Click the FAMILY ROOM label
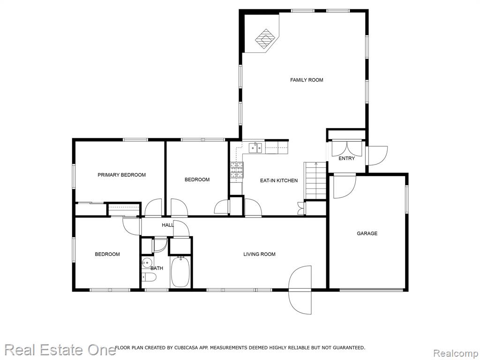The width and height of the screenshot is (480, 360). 307,80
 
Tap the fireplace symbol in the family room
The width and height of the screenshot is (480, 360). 266,39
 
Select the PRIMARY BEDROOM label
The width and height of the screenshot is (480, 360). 121,175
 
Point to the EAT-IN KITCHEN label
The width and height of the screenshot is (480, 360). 278,180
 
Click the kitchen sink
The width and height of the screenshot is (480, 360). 255,148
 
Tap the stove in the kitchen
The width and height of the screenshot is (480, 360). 237,170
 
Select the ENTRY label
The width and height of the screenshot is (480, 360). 346,158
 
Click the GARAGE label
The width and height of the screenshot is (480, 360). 367,233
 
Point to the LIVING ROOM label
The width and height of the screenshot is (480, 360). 259,254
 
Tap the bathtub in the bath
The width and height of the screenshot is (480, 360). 180,272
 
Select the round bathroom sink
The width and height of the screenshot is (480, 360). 147,262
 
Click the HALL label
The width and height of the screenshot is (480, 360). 168,225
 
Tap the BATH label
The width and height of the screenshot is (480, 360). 157,268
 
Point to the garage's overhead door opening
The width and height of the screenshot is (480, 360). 371,289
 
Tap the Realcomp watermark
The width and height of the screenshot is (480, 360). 455,353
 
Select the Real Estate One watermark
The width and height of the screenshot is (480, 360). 60,350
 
